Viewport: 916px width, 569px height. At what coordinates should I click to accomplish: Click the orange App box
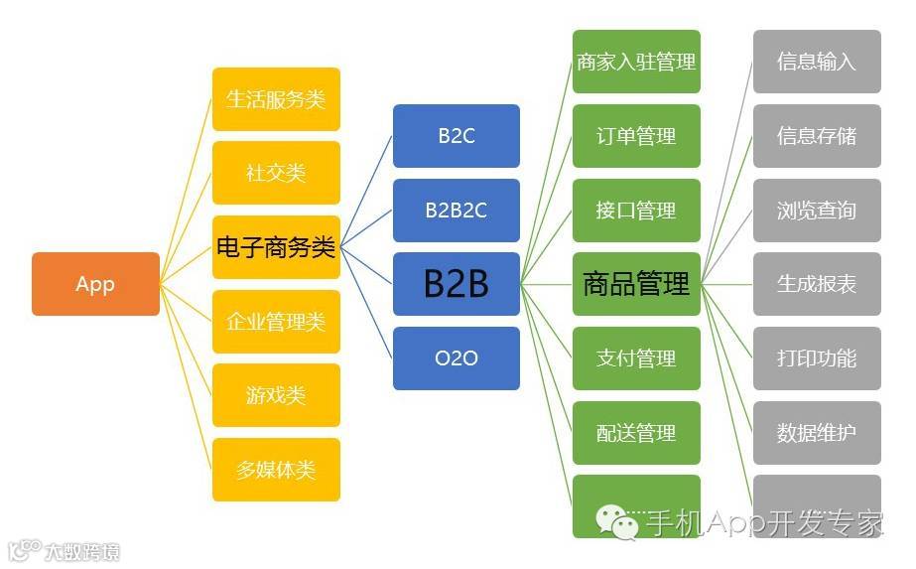[x=95, y=284]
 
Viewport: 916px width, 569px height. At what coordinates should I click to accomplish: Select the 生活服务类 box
[x=276, y=99]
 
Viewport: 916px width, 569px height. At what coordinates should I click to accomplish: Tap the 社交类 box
[x=276, y=173]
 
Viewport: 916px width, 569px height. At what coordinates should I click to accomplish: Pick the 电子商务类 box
[x=276, y=247]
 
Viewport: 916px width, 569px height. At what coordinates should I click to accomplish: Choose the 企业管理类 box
[x=276, y=322]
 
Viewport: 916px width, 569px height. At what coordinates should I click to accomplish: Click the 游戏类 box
[x=276, y=395]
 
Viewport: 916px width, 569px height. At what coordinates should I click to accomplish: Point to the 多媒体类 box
[x=276, y=470]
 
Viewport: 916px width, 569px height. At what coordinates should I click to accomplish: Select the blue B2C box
[x=457, y=136]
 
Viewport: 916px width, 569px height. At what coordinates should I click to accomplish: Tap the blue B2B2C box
[x=457, y=211]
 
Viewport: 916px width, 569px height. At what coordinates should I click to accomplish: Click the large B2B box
[x=457, y=284]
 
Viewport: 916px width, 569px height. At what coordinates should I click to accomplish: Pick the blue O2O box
[x=457, y=357]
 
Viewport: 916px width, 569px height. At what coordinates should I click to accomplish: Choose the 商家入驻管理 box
[x=636, y=62]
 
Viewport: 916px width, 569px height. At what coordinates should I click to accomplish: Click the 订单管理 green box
[x=636, y=136]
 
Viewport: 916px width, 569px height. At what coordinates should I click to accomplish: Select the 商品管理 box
[x=636, y=284]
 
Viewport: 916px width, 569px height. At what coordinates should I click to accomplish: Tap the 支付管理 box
[x=636, y=358]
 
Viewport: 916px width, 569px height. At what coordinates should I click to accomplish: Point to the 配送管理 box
[x=636, y=433]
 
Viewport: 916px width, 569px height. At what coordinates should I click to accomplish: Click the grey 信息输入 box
[x=817, y=62]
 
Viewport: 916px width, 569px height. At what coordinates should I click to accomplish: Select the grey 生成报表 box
[x=817, y=284]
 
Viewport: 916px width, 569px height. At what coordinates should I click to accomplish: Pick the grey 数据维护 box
[x=817, y=433]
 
